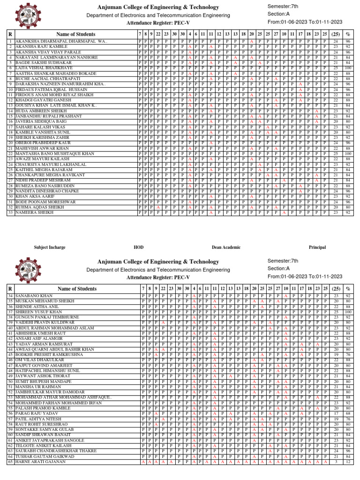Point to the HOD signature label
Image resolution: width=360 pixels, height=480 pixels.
pyautogui.click(x=138, y=247)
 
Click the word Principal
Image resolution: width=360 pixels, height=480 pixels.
pyautogui.click(x=317, y=247)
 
